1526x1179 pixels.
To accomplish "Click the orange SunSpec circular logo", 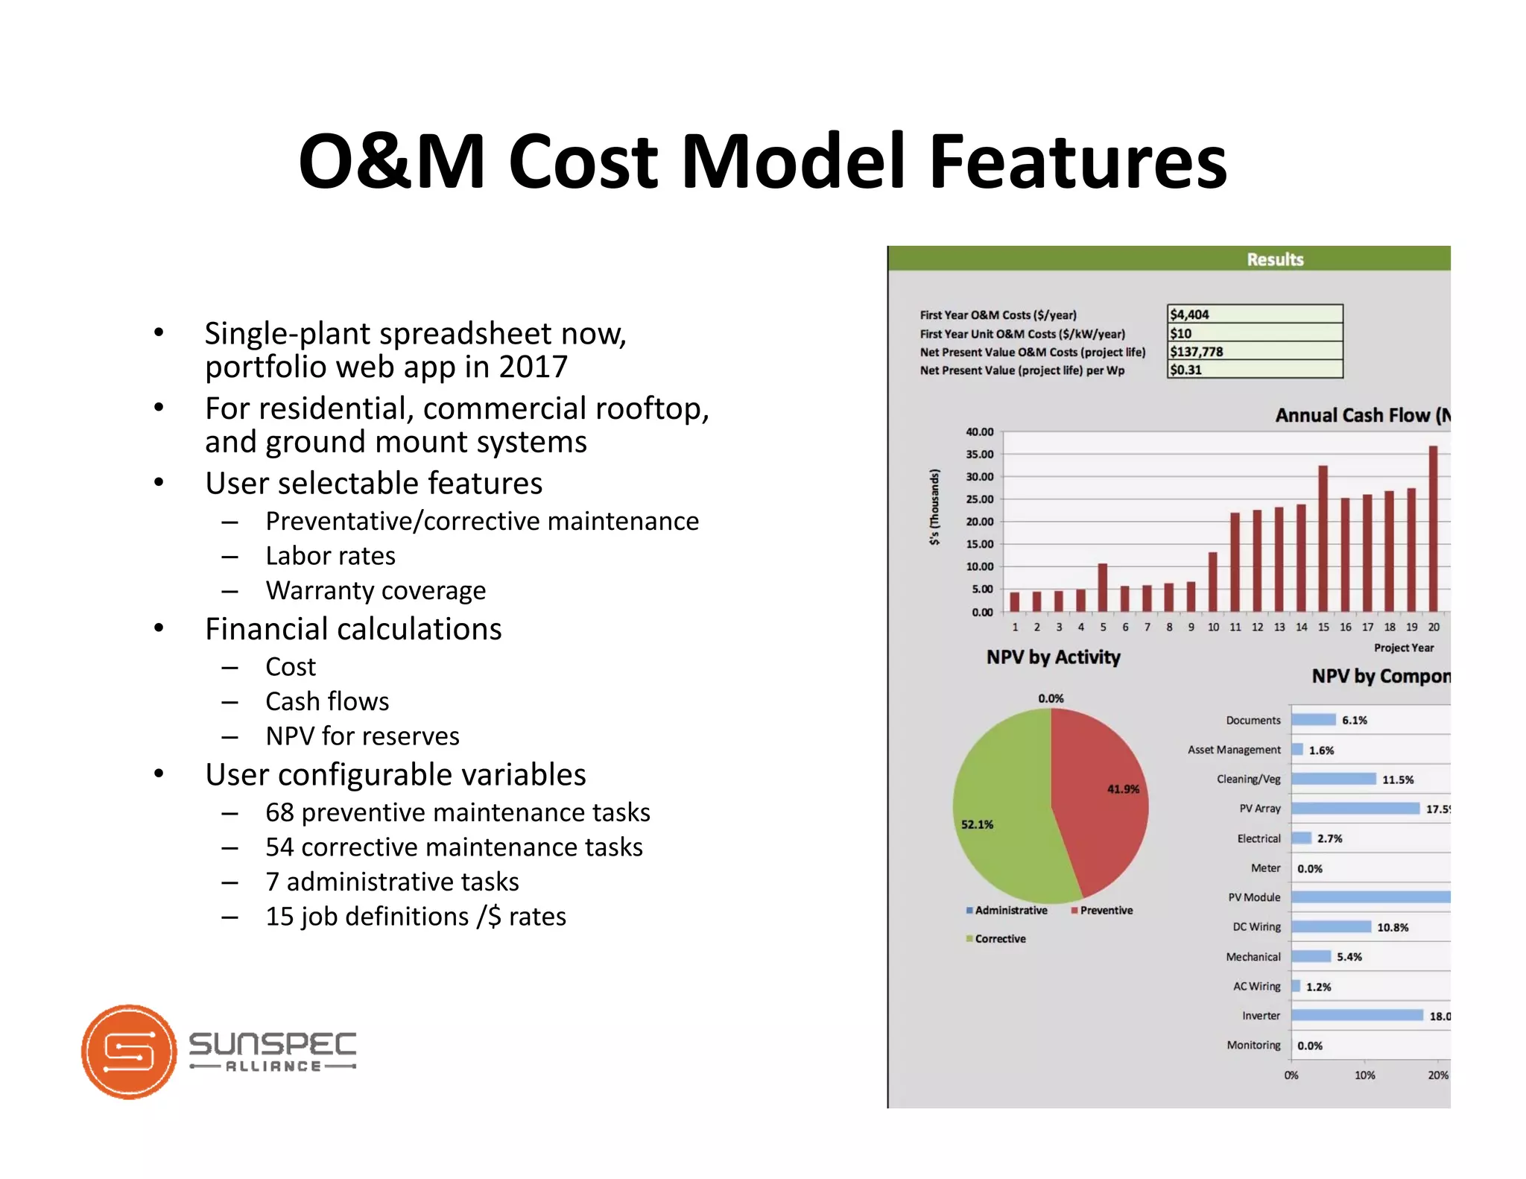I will coord(129,1052).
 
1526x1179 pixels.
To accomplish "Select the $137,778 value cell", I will coord(1254,352).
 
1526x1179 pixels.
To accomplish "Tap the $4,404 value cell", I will coord(1254,314).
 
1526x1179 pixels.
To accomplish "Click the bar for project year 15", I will coord(1323,538).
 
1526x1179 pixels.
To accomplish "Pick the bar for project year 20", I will coord(1433,528).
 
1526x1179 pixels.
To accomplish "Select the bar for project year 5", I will coord(1103,587).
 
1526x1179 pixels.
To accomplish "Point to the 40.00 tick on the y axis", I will coord(980,432).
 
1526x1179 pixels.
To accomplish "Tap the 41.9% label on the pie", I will coord(1123,789).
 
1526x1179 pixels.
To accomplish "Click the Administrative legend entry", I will coord(1010,911).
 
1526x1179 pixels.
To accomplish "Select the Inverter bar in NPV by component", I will coord(1356,1016).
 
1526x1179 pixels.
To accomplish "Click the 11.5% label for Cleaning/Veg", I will coord(1398,780).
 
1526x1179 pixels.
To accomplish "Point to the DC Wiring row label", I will coord(1256,927).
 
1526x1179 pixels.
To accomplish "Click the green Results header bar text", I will coord(1275,259).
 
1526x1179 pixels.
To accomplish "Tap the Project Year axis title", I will coord(1403,648).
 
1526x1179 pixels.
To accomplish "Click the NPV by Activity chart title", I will coord(1053,657).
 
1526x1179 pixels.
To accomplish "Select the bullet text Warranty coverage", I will coord(376,591).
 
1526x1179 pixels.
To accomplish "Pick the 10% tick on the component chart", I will coord(1364,1075).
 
